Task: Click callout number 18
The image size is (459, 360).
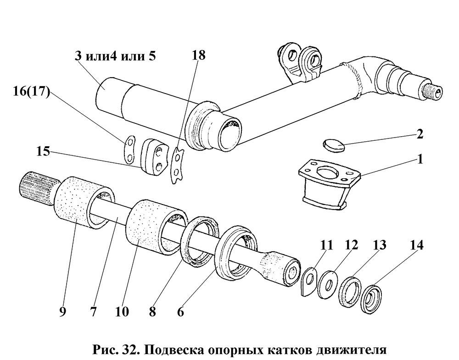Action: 198,55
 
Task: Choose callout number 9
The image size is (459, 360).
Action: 62,312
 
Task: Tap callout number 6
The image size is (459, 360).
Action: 180,312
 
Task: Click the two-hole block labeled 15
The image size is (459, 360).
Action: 153,157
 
